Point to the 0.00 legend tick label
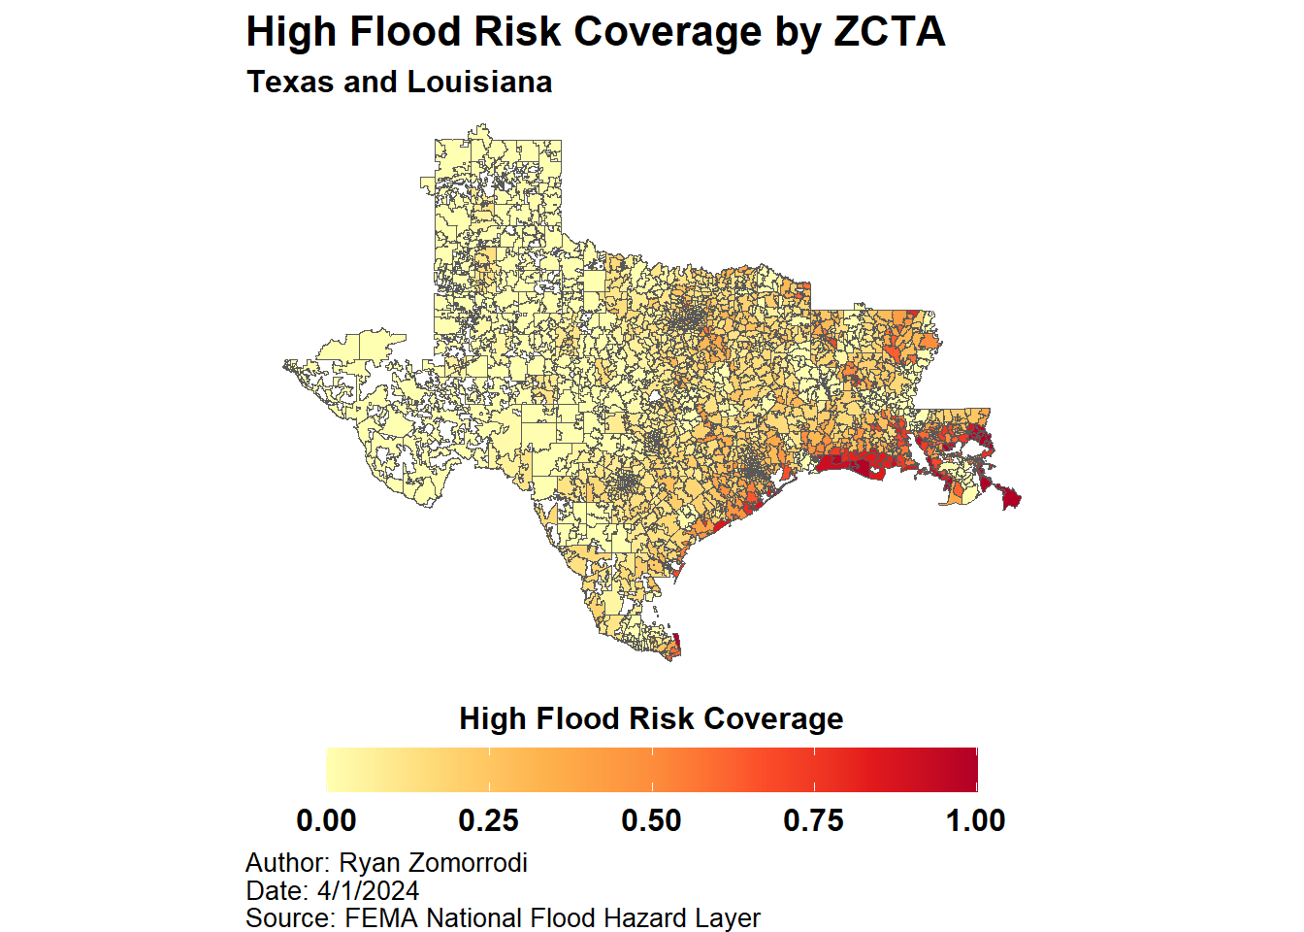(x=326, y=821)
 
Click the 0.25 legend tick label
(x=489, y=821)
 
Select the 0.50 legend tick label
(x=651, y=821)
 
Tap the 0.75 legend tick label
(x=814, y=821)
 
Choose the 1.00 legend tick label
(x=976, y=821)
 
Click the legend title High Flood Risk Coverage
(x=651, y=718)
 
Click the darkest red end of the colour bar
(x=971, y=770)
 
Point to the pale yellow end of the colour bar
(x=332, y=770)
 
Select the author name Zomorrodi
(x=468, y=863)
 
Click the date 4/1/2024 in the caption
(x=368, y=891)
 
